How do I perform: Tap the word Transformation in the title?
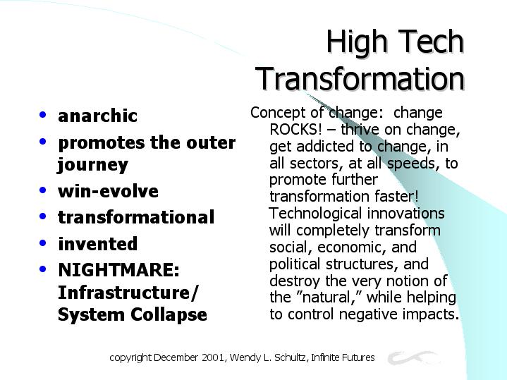click(x=360, y=78)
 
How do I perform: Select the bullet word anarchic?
click(x=97, y=116)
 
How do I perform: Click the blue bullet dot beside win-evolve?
click(x=43, y=190)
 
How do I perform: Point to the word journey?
click(x=93, y=165)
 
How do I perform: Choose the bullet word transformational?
click(x=136, y=217)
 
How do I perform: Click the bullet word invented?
click(x=97, y=243)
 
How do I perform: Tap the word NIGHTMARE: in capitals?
click(x=118, y=269)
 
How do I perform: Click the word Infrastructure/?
click(x=128, y=292)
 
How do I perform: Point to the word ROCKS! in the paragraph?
click(x=295, y=129)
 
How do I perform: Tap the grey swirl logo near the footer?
click(x=413, y=357)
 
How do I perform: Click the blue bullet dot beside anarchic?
click(x=43, y=114)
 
